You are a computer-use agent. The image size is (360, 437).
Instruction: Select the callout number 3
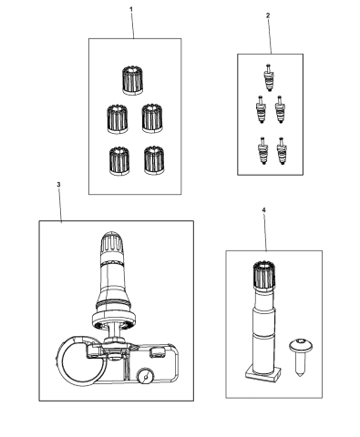(x=58, y=185)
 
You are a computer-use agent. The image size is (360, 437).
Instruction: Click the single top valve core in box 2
(x=268, y=74)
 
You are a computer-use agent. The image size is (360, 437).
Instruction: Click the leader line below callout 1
(x=132, y=25)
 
